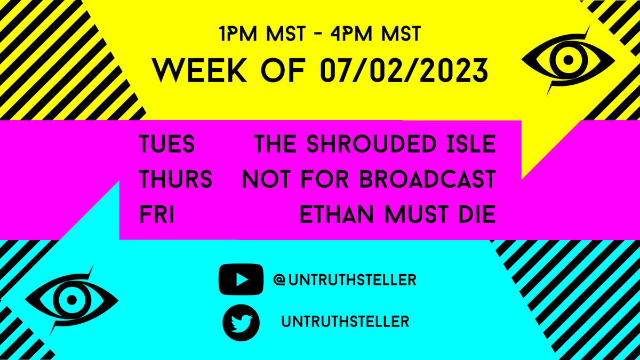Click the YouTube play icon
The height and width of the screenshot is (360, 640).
(241, 279)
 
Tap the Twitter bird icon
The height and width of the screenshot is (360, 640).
(241, 322)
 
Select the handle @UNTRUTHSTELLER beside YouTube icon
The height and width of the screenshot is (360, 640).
(345, 279)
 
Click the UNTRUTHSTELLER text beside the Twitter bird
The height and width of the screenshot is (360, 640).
(345, 322)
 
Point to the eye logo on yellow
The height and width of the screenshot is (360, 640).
(566, 59)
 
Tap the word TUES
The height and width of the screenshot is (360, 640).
(166, 144)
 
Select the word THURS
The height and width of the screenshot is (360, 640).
(175, 180)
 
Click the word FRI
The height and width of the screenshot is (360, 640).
(157, 215)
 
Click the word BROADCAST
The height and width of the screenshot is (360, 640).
(427, 180)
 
